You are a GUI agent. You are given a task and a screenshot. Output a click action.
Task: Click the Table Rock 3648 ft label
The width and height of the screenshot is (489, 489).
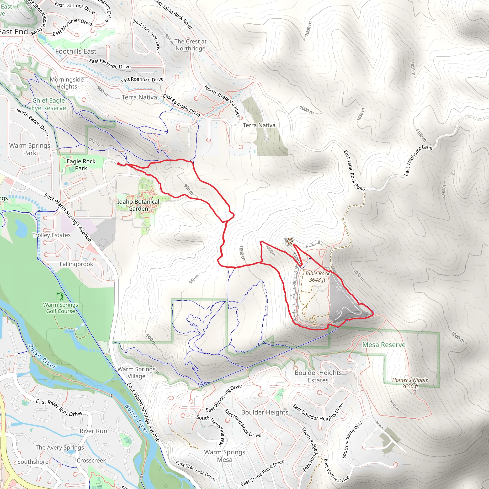[x=317, y=276]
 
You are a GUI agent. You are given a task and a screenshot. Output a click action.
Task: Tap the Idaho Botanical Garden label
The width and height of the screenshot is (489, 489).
[x=138, y=205]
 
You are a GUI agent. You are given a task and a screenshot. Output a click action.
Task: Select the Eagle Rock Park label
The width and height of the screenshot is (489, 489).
[x=81, y=165]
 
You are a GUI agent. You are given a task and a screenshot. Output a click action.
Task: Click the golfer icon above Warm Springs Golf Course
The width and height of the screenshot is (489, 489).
[x=60, y=296]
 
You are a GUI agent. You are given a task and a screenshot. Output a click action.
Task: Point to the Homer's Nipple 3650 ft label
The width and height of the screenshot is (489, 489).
[x=410, y=383]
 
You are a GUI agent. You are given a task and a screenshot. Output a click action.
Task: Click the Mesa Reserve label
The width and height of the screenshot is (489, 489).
[x=384, y=345]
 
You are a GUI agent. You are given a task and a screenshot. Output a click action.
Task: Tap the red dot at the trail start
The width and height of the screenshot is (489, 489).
[x=118, y=164]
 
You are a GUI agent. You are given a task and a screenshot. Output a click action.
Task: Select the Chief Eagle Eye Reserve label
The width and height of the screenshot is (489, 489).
[x=49, y=104]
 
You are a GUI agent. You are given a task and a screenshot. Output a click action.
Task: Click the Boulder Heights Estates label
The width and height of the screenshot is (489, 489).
[x=318, y=376]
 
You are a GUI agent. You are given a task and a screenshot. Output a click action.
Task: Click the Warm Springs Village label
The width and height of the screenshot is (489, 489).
[x=136, y=372]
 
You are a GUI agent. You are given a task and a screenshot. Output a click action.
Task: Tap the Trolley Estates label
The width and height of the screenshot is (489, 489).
[x=51, y=235]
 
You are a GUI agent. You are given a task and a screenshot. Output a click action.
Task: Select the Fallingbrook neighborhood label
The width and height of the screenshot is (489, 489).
[x=76, y=264]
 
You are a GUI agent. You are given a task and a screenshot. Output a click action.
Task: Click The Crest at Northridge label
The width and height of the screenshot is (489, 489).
[x=190, y=45]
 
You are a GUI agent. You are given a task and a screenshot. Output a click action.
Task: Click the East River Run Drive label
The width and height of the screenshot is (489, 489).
[x=59, y=408]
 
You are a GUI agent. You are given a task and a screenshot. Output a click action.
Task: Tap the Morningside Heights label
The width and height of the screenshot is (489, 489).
[x=67, y=83]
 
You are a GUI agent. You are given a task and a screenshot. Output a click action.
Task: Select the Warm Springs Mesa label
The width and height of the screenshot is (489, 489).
[x=224, y=456]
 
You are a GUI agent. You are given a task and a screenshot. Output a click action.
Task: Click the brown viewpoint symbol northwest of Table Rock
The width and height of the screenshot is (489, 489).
[x=289, y=241]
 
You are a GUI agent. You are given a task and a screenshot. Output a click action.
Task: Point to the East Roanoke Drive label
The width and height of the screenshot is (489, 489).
[x=142, y=80]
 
